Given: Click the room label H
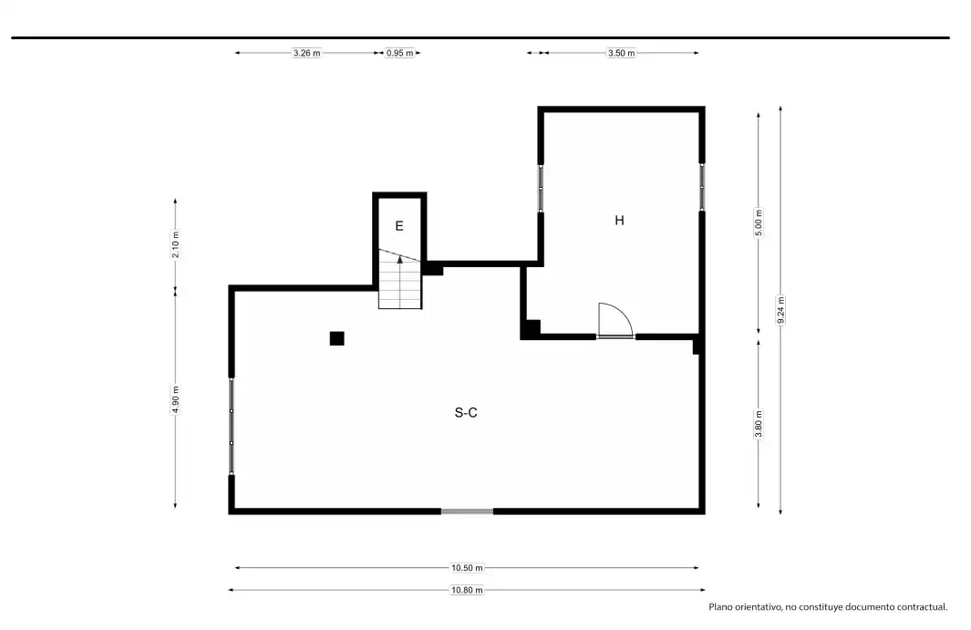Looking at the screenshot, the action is (x=619, y=220).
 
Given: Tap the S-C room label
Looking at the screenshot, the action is (x=466, y=413).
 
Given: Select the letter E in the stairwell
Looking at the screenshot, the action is (x=399, y=226).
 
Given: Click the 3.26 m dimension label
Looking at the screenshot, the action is (x=307, y=53).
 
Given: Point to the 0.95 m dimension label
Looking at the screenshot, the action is (x=400, y=53).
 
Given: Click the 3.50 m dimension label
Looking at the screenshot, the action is (x=621, y=53).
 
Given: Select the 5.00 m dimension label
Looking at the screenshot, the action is (x=759, y=223).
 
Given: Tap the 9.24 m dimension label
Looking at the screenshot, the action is (x=780, y=310).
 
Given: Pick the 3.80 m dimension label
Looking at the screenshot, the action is (x=759, y=424).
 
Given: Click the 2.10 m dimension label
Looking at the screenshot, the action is (x=175, y=244).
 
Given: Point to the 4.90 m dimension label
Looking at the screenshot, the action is (x=175, y=399).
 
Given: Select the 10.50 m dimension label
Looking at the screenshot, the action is (x=467, y=567).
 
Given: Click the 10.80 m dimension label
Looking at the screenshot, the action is (x=467, y=590).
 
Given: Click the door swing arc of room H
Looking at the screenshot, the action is (x=623, y=312).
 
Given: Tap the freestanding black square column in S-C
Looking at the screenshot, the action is (x=336, y=338).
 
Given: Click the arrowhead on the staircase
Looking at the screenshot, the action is (x=400, y=260).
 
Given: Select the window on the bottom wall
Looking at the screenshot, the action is (x=467, y=511).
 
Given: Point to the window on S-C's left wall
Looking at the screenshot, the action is (x=232, y=426).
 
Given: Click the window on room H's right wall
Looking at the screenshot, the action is (x=702, y=187).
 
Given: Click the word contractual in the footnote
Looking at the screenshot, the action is (x=922, y=607).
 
